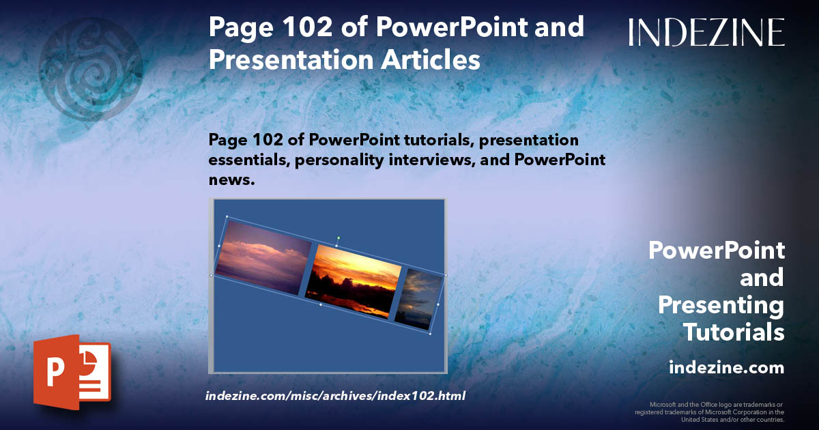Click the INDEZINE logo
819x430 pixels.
tap(706, 32)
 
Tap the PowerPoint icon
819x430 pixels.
tap(72, 371)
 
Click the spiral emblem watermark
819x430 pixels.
tap(90, 68)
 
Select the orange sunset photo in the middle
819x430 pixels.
tap(351, 281)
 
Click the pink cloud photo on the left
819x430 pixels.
tap(263, 257)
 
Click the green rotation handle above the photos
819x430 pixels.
tap(338, 238)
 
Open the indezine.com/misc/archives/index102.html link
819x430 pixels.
tap(335, 395)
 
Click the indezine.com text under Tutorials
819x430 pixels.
tap(726, 368)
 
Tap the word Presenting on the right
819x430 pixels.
tap(721, 305)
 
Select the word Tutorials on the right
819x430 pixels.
tap(733, 332)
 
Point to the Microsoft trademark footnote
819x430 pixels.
tap(709, 412)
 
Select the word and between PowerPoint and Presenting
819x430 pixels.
tap(762, 278)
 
